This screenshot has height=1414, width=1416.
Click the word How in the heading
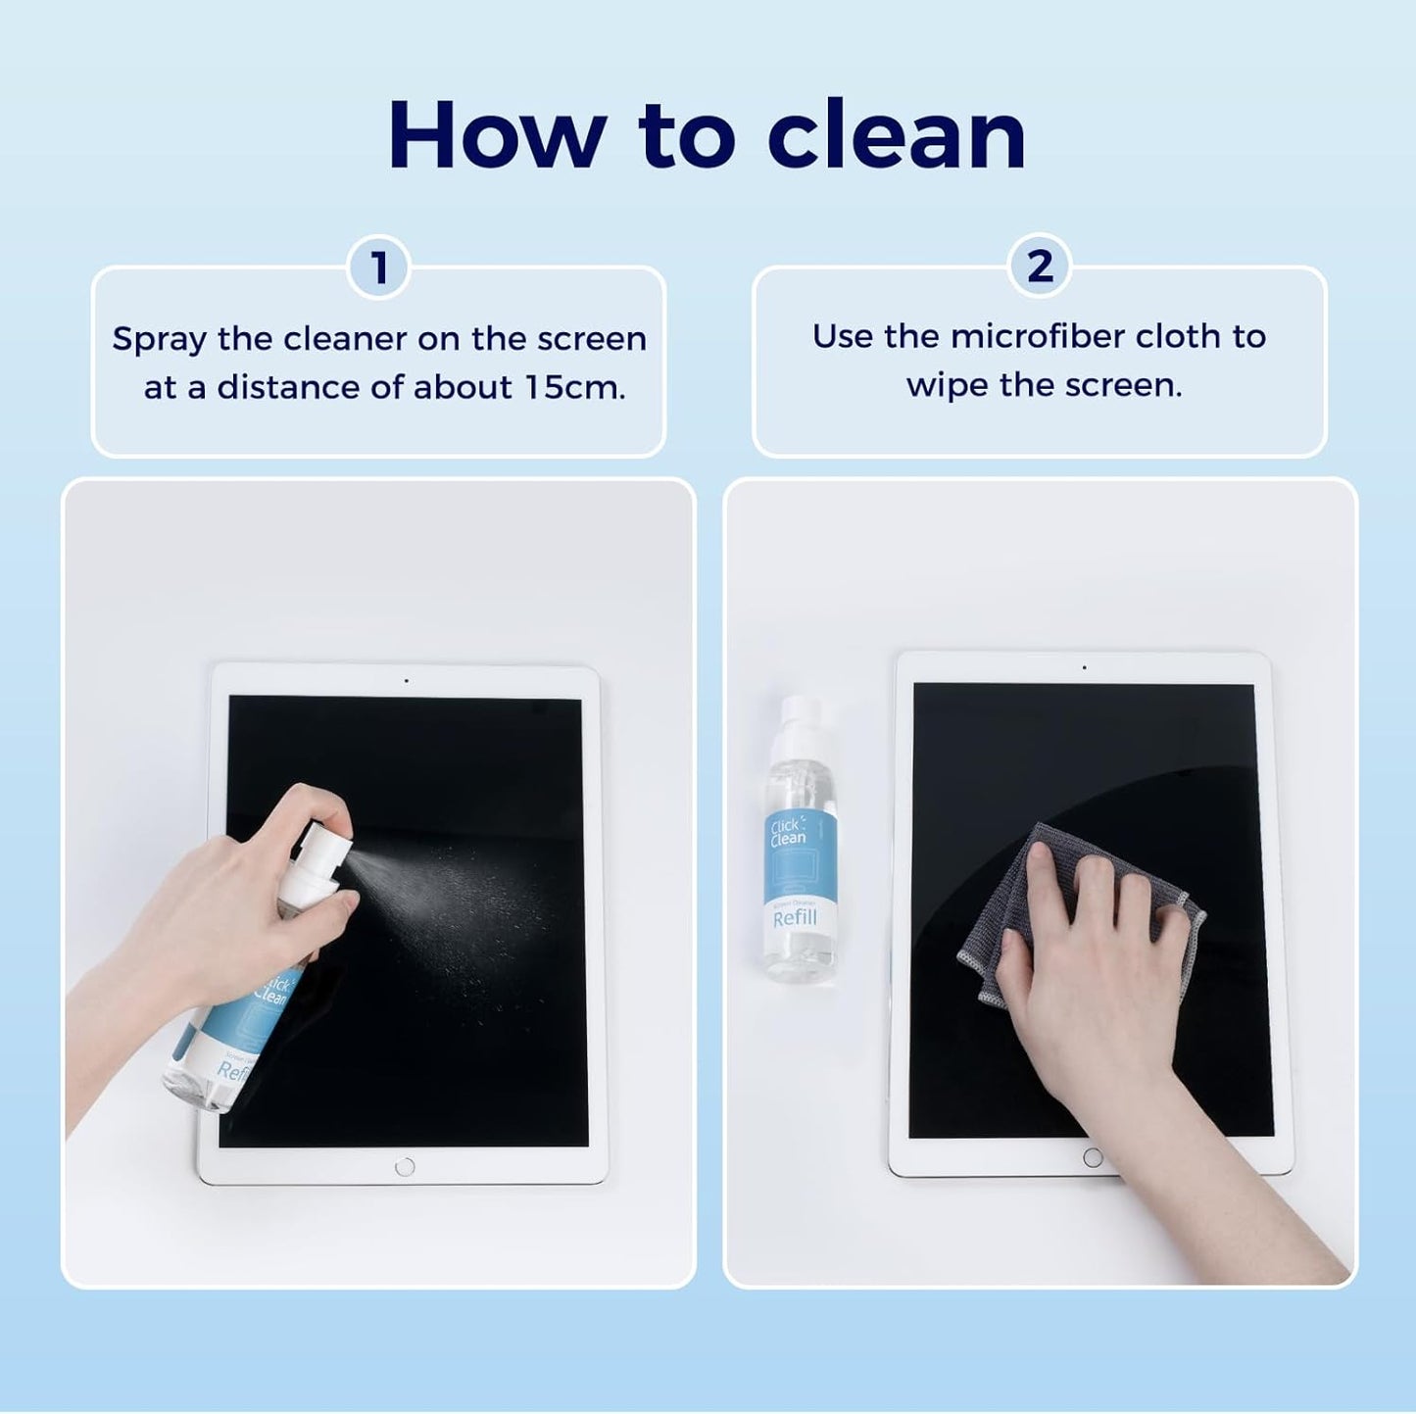pyautogui.click(x=496, y=136)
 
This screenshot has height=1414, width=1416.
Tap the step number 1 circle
pyautogui.click(x=378, y=268)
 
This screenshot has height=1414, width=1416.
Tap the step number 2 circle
pyautogui.click(x=1040, y=266)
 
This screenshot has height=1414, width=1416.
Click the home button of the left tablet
pyautogui.click(x=405, y=1167)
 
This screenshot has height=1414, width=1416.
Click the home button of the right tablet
pyautogui.click(x=1093, y=1158)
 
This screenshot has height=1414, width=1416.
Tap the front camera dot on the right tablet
pyautogui.click(x=1084, y=668)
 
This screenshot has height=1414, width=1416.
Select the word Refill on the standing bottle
pyautogui.click(x=795, y=918)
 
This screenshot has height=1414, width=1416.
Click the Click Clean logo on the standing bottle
pyautogui.click(x=788, y=832)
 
